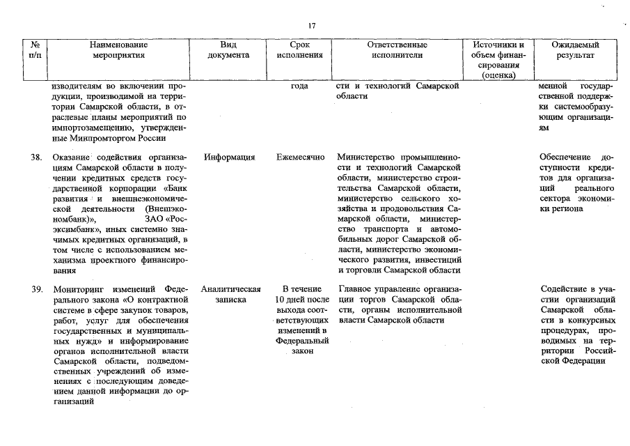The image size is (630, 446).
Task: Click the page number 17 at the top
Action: [x=312, y=26]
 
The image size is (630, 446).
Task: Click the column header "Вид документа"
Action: [x=223, y=49]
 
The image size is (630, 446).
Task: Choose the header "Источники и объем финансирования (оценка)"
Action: [x=498, y=59]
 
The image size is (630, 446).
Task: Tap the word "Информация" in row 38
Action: [x=229, y=157]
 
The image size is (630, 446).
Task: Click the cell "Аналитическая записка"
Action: [x=230, y=294]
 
